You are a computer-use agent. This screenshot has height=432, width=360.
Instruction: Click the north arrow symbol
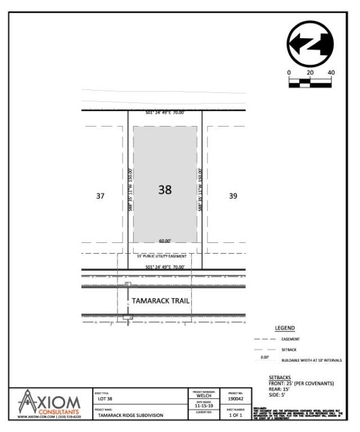(x=310, y=43)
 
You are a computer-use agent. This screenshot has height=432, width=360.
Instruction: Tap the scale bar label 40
(x=331, y=73)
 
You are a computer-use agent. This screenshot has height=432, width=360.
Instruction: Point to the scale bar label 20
(x=310, y=73)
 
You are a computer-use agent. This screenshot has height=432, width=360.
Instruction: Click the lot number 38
(x=165, y=190)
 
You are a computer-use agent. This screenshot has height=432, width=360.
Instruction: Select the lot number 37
(x=100, y=196)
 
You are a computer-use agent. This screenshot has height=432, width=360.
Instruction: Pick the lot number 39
(x=233, y=196)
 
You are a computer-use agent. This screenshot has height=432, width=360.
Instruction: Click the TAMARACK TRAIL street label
(x=160, y=301)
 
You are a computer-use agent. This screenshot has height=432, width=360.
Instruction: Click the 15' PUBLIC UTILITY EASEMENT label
(x=161, y=256)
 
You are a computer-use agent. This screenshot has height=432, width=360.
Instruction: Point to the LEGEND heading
(x=285, y=328)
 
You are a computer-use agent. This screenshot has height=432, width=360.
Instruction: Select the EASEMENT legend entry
(x=291, y=339)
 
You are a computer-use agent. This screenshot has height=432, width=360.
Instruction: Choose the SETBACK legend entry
(x=289, y=350)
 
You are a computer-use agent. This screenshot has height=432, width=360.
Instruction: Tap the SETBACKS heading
(x=280, y=377)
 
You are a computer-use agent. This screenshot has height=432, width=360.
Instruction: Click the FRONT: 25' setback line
(x=301, y=383)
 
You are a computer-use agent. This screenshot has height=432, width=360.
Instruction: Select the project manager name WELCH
(x=204, y=395)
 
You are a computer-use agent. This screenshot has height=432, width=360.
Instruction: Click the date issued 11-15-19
(x=203, y=404)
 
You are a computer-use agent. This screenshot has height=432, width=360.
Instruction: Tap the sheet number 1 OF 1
(x=235, y=415)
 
